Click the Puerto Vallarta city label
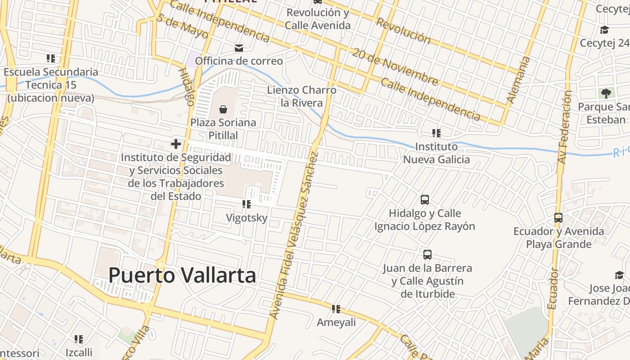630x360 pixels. click(182, 275)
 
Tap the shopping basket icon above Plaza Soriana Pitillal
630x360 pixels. click(223, 109)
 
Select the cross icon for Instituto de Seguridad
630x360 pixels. click(175, 144)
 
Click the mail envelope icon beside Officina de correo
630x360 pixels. click(238, 48)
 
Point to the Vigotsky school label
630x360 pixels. click(247, 218)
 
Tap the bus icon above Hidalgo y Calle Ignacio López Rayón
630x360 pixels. click(424, 200)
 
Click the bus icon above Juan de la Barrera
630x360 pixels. click(427, 255)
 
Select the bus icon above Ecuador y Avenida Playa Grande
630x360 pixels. click(558, 218)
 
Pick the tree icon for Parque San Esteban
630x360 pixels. click(606, 94)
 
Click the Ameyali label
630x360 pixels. click(336, 323)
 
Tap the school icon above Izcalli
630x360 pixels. click(79, 339)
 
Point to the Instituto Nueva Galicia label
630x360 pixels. click(436, 153)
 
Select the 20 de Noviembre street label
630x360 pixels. click(395, 67)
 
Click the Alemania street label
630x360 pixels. click(518, 80)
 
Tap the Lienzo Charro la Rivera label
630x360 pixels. click(301, 96)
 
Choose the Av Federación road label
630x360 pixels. click(564, 127)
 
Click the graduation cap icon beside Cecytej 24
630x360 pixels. click(604, 30)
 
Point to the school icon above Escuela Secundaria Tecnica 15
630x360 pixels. click(51, 58)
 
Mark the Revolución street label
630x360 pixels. click(403, 31)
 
